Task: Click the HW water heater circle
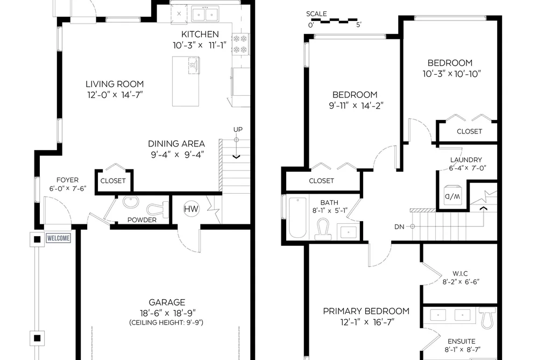(191, 209)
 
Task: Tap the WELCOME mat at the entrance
(59, 238)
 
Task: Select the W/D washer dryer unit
(452, 196)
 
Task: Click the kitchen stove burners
(240, 44)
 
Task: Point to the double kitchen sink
(205, 14)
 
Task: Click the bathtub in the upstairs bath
(298, 218)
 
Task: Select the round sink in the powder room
(130, 202)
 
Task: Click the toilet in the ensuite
(487, 319)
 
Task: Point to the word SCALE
(316, 14)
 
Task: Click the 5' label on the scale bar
(359, 25)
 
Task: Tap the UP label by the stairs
(238, 129)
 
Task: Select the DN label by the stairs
(399, 227)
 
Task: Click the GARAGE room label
(167, 302)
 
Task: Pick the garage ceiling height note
(166, 322)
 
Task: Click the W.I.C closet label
(460, 273)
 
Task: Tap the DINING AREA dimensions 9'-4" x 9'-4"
(177, 154)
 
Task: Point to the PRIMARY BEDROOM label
(366, 311)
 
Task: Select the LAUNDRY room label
(466, 160)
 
